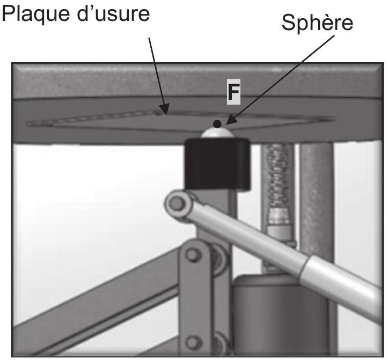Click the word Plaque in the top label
pyautogui.click(x=35, y=14)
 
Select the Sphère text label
pyautogui.click(x=318, y=22)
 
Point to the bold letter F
pyautogui.click(x=233, y=92)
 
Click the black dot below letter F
pyautogui.click(x=217, y=124)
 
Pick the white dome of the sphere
pyautogui.click(x=217, y=133)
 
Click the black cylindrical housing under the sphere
pyautogui.click(x=217, y=164)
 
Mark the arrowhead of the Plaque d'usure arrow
pyautogui.click(x=164, y=109)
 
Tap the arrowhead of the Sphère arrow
pyautogui.click(x=230, y=120)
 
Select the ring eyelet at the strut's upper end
pyautogui.click(x=177, y=204)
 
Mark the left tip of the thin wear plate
pyautogui.click(x=27, y=123)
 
